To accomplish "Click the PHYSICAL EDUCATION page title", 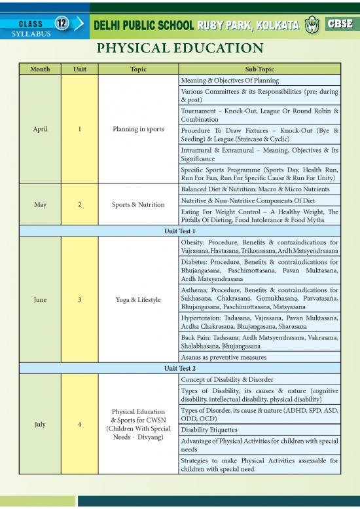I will click(180, 48).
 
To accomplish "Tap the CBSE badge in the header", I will click(339, 24).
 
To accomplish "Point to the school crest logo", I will click(312, 25).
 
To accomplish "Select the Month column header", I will click(40, 69).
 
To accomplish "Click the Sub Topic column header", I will click(259, 69).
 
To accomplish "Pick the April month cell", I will click(40, 129).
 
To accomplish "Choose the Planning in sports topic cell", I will click(137, 129).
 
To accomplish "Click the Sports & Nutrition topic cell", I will click(137, 204).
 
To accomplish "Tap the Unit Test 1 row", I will click(179, 231).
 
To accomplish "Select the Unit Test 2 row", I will click(179, 368).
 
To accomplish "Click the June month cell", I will click(40, 299).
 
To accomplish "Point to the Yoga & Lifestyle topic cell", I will click(137, 299).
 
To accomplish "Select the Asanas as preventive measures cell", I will click(223, 357).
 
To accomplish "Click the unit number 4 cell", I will click(79, 424).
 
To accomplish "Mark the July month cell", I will click(40, 424).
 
